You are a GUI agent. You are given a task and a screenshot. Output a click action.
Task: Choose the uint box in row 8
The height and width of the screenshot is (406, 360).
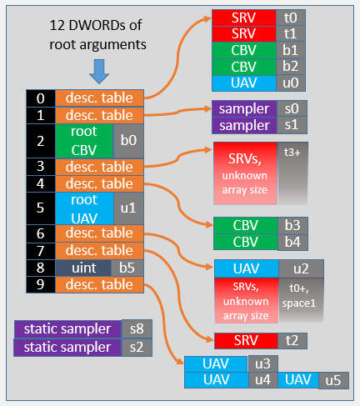pos(84,268)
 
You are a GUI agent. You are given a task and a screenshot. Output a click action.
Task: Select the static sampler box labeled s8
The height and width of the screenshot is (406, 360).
pos(67,328)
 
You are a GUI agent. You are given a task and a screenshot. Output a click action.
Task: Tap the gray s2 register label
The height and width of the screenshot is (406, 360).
pos(133,347)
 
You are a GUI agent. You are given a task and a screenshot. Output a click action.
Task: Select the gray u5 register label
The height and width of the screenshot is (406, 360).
pos(332,380)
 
